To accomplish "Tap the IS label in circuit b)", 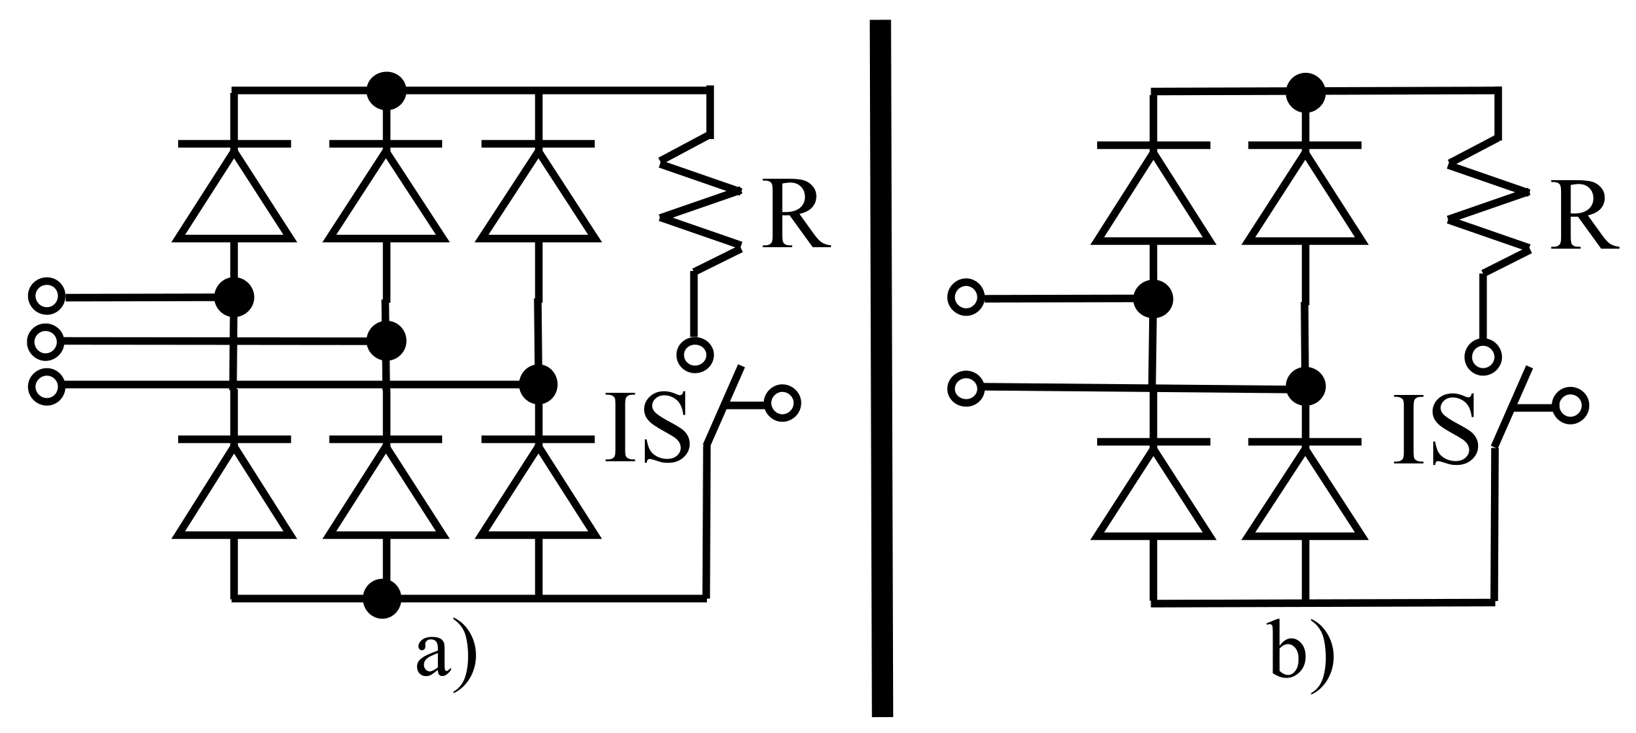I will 1433,428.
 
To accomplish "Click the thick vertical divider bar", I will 881,368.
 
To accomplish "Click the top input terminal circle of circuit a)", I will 46,296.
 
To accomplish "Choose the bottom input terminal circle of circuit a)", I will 46,387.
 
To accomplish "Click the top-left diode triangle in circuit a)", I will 234,202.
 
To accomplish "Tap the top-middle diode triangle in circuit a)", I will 385,202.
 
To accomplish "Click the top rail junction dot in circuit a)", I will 386,91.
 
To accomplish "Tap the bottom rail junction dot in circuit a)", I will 382,598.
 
